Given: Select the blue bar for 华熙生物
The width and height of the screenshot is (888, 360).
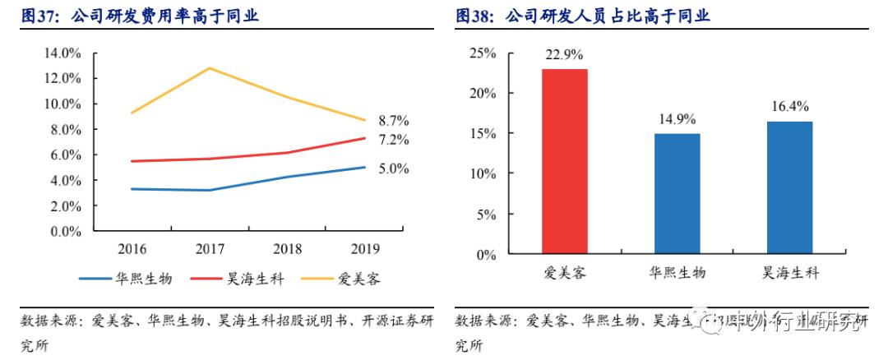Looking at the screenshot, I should [677, 194].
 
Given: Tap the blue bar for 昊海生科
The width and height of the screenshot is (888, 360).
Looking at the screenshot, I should [789, 188].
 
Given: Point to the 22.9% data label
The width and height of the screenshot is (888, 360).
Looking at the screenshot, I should [564, 55].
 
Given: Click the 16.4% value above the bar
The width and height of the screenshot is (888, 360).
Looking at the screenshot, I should [790, 107].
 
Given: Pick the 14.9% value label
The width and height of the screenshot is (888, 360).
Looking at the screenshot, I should [677, 119].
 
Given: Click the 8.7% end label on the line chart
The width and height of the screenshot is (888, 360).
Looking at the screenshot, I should [394, 121].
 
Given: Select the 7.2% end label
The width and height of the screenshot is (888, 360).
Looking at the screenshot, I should [394, 140].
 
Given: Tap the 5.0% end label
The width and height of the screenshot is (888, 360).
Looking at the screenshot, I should [394, 168].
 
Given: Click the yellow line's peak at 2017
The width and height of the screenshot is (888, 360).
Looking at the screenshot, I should [209, 68].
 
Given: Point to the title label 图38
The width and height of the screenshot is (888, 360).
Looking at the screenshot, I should [474, 16].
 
